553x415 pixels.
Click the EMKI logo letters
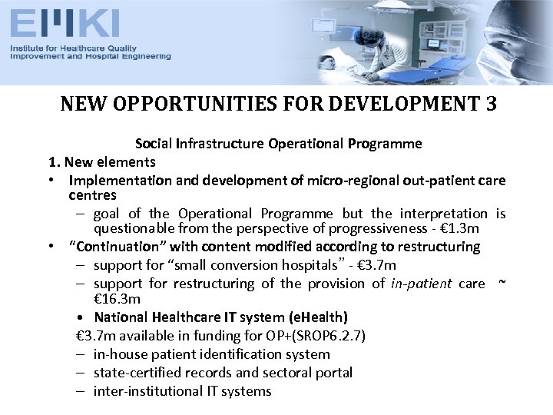pyautogui.click(x=65, y=23)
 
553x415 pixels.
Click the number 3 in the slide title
pyautogui.click(x=491, y=104)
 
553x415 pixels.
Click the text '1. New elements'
pyautogui.click(x=101, y=162)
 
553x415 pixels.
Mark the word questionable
pyautogui.click(x=132, y=229)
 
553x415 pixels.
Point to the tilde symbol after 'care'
pyautogui.click(x=502, y=284)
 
